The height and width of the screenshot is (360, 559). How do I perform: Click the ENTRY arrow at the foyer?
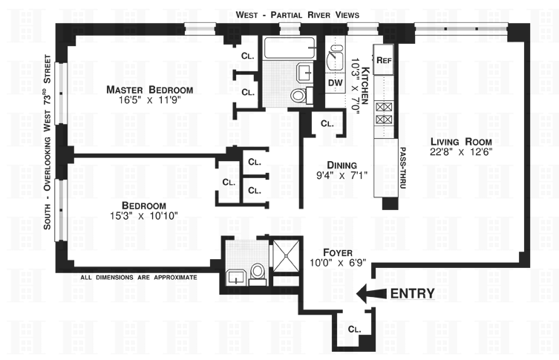tap(369, 293)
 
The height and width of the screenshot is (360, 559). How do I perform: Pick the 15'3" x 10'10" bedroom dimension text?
tap(143, 217)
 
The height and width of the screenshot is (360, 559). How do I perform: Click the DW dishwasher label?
tap(335, 82)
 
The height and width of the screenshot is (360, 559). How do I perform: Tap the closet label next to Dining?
tap(327, 124)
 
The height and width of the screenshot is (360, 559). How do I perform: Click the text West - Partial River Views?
tap(297, 14)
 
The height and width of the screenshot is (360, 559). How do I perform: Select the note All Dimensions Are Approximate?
tap(139, 278)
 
